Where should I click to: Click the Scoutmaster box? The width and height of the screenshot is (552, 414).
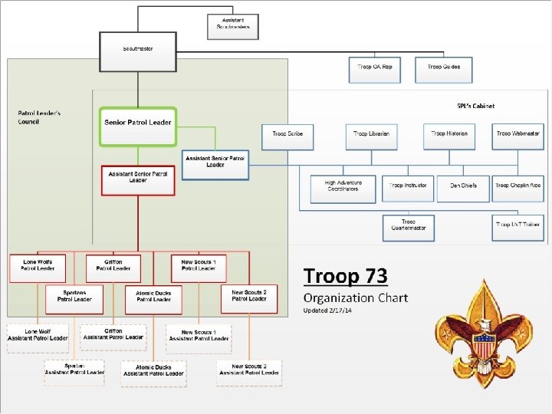pyautogui.click(x=138, y=49)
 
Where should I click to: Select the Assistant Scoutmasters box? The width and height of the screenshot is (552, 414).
pyautogui.click(x=234, y=25)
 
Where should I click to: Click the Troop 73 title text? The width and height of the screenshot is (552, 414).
pyautogui.click(x=345, y=276)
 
